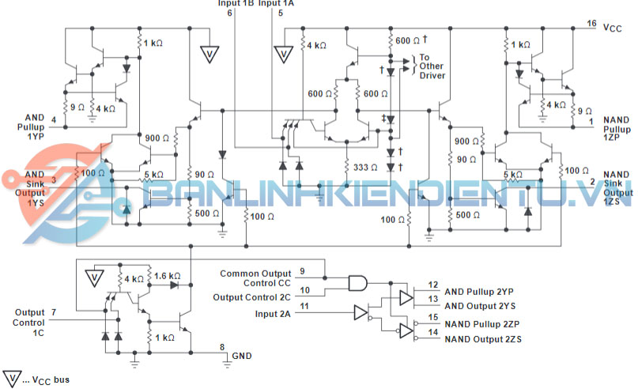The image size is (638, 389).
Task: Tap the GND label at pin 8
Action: coord(241,356)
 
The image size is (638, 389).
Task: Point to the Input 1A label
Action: coord(276,3)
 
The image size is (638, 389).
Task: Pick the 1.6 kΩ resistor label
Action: coord(168,276)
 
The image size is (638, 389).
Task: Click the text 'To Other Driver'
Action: coord(432,66)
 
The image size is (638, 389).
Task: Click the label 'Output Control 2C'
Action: coord(251,296)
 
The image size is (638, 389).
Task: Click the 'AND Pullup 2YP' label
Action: coord(480,291)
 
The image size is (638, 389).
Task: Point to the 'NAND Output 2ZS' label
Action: coord(483,339)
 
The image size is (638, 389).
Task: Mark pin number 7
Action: coord(53,313)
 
